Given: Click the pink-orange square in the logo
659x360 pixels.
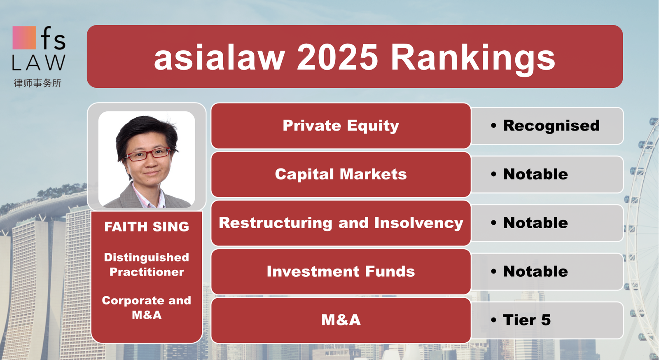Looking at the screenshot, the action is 24,38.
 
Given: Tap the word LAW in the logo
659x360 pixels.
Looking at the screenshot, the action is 39,62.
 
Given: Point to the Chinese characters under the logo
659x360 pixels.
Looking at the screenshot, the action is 37,83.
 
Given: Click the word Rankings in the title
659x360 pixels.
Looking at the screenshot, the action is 473,59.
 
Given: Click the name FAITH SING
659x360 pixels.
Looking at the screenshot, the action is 147,227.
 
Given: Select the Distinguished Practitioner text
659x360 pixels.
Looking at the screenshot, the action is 147,265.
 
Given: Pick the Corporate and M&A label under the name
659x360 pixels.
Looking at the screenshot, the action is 147,307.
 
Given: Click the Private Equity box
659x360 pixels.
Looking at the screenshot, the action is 341,126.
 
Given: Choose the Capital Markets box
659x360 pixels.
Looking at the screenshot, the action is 341,174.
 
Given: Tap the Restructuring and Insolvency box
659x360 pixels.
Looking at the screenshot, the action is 341,223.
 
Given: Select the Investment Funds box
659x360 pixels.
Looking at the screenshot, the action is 341,271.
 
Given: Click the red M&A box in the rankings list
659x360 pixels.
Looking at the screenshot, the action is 341,320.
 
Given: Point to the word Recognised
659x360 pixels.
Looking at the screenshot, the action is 552,126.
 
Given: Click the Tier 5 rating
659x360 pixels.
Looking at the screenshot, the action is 527,320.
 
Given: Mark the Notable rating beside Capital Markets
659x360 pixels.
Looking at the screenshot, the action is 535,174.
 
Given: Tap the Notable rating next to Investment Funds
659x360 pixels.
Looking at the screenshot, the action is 535,271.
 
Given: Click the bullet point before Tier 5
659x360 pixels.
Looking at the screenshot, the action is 494,320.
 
